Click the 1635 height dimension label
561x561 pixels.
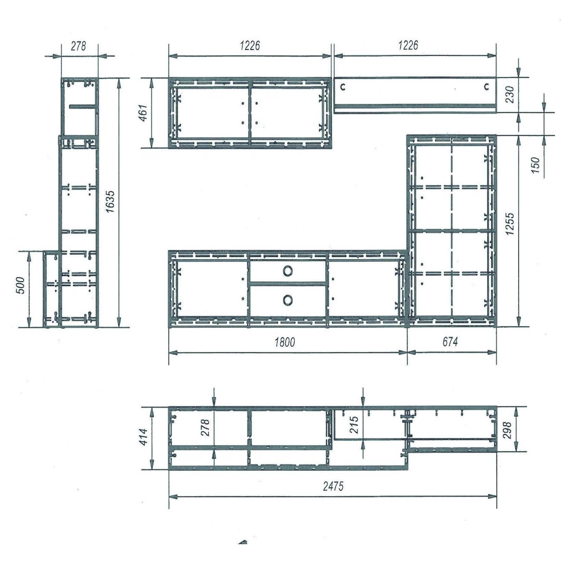point(110,202)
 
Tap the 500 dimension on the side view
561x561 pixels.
point(21,285)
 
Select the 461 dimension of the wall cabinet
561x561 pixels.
point(143,113)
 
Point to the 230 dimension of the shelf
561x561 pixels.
point(510,95)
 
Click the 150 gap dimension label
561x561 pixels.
point(536,165)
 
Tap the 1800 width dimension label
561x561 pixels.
point(285,342)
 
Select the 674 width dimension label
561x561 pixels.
point(450,341)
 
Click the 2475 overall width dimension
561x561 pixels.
point(333,486)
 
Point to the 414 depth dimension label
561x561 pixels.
point(144,437)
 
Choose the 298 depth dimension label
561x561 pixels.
point(507,430)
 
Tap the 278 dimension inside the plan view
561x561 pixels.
point(206,427)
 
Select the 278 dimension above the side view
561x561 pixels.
point(78,46)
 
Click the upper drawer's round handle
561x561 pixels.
point(288,271)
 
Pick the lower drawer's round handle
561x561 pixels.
point(288,300)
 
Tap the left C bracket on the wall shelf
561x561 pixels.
point(343,87)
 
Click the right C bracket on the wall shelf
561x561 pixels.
point(486,87)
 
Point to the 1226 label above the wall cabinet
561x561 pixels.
point(249,45)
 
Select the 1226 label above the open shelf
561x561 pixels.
point(408,45)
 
